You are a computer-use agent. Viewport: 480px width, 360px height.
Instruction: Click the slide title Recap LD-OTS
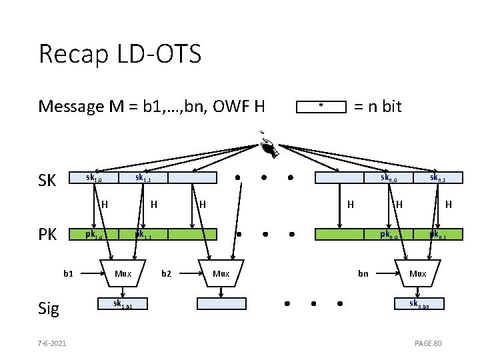click(x=120, y=54)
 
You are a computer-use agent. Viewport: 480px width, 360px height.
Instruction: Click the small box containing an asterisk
click(x=321, y=107)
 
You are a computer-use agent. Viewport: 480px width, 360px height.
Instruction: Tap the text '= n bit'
click(x=377, y=106)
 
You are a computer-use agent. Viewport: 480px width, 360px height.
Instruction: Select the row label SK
click(x=48, y=181)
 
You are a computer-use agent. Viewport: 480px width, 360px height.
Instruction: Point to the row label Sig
click(x=49, y=308)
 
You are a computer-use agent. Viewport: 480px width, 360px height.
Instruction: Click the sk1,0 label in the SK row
click(x=94, y=178)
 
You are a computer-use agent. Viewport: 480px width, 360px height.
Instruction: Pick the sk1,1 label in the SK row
click(x=143, y=178)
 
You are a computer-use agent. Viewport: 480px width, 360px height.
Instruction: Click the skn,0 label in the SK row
click(x=389, y=178)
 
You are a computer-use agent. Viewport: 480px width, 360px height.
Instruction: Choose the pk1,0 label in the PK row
click(x=94, y=235)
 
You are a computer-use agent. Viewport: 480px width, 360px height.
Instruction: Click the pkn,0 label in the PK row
click(x=389, y=235)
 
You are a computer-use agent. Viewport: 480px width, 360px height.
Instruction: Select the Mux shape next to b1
click(x=123, y=273)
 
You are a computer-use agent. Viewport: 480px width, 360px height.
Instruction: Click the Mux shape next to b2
click(x=221, y=273)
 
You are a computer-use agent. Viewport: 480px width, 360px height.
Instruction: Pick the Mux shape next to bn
click(x=418, y=273)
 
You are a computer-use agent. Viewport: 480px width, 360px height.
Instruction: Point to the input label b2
click(x=167, y=273)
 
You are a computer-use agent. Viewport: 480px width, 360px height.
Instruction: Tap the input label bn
click(x=363, y=273)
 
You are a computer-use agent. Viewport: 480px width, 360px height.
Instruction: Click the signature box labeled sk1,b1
click(x=122, y=304)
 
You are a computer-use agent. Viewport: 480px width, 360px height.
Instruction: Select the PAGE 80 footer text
click(x=428, y=343)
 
